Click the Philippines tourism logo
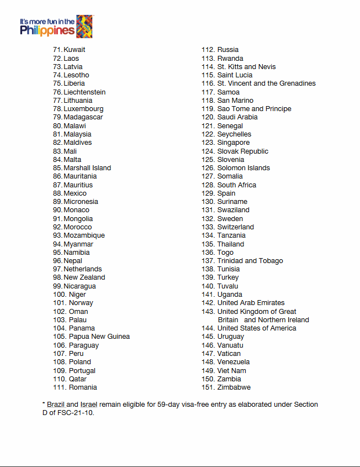[x=56, y=27]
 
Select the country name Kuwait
[x=75, y=50]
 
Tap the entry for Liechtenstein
[x=84, y=92]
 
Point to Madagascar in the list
[x=83, y=117]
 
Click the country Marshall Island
[x=87, y=168]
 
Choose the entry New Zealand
[x=84, y=277]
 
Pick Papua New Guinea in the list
[x=99, y=337]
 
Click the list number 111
[x=60, y=387]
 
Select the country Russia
[x=228, y=50]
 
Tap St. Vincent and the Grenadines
[x=267, y=83]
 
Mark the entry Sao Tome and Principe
[x=255, y=109]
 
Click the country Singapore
[x=234, y=143]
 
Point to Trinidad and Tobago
[x=250, y=261]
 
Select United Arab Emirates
[x=251, y=303]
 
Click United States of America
[x=257, y=328]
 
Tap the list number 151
[x=208, y=387]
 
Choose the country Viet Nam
[x=232, y=370]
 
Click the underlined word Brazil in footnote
[x=56, y=405]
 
